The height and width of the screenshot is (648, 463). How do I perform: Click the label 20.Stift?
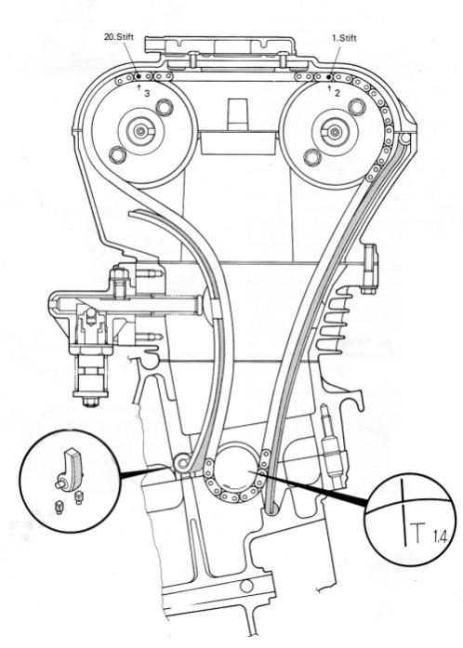(119, 37)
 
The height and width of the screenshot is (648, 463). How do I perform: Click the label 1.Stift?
(344, 38)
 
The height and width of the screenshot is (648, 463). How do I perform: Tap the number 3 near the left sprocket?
(147, 94)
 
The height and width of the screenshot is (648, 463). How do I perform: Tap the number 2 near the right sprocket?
(337, 93)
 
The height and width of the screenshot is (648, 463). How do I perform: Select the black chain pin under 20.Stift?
(139, 76)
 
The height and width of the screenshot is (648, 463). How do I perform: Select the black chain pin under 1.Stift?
(329, 77)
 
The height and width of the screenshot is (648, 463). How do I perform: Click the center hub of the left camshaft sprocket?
(141, 131)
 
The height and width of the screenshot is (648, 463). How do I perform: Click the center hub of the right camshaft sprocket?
(334, 132)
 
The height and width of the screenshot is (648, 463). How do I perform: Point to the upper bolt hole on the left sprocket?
(165, 106)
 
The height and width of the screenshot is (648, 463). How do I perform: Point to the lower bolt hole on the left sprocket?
(117, 154)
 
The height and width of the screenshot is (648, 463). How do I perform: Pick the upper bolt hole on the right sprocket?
(356, 106)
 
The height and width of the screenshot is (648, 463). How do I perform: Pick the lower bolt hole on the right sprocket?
(311, 157)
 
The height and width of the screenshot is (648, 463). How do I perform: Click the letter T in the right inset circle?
(418, 533)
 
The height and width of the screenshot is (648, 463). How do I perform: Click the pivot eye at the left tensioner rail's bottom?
(182, 462)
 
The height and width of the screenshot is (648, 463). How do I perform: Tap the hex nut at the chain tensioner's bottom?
(90, 402)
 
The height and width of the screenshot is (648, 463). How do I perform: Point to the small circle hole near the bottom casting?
(246, 586)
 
